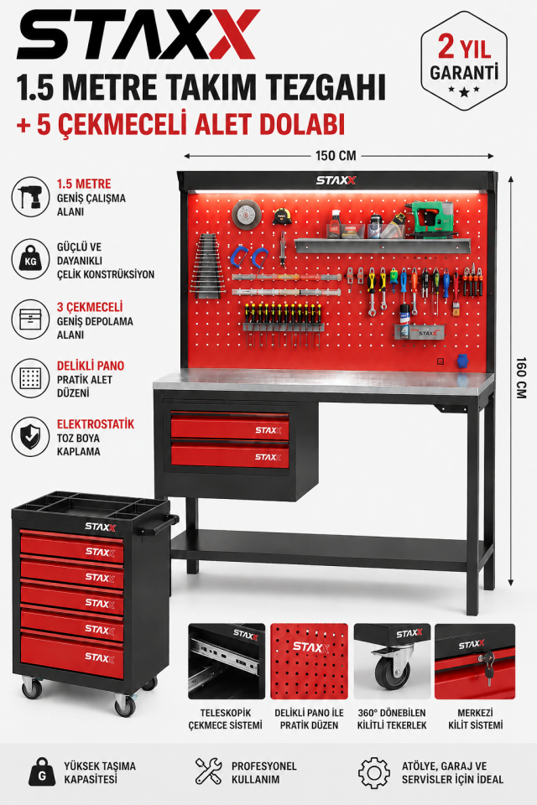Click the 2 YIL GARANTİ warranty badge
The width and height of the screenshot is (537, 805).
464,61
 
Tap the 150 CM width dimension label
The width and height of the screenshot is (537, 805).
336,156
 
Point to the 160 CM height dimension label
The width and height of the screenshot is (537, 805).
521,378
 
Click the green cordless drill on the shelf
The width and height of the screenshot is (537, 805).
430,219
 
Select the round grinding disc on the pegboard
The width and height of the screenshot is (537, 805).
246,214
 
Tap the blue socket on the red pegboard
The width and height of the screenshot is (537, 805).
462,361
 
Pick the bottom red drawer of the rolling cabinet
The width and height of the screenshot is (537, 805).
72,656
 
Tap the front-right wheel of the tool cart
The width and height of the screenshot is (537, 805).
125,704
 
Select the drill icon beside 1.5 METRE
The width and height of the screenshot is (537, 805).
30,196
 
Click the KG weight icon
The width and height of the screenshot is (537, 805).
30,259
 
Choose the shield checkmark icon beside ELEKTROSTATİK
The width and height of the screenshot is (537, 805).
30,437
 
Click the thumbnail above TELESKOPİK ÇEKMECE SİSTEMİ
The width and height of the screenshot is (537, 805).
227,662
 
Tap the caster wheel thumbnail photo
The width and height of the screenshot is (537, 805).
392,662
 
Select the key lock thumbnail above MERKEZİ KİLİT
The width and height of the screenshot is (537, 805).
475,662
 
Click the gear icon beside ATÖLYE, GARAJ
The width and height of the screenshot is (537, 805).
374,772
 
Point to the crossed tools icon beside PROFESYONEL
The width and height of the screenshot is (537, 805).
209,771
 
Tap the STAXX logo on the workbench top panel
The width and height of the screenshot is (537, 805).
336,181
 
